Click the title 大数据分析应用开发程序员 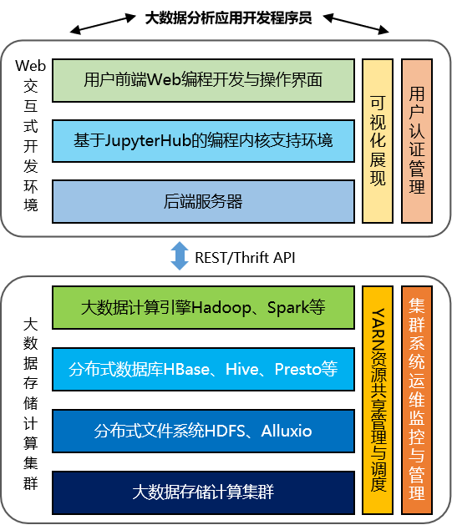(x=228, y=18)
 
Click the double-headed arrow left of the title (x=103, y=24)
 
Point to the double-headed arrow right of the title (x=356, y=23)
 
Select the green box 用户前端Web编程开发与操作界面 (x=203, y=81)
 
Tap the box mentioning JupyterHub (x=203, y=141)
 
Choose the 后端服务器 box (x=203, y=201)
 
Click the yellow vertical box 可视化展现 (x=378, y=141)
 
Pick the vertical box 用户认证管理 (x=417, y=141)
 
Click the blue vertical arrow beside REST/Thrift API (x=180, y=255)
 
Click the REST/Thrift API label (x=245, y=258)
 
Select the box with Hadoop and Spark (x=203, y=307)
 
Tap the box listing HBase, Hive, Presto (x=203, y=369)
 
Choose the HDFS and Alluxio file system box (x=203, y=431)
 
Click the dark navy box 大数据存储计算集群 (x=203, y=492)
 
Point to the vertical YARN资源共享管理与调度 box (x=378, y=400)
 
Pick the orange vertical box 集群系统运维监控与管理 (x=417, y=400)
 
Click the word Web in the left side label (x=30, y=66)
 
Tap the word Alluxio (x=287, y=431)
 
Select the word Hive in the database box (x=242, y=369)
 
